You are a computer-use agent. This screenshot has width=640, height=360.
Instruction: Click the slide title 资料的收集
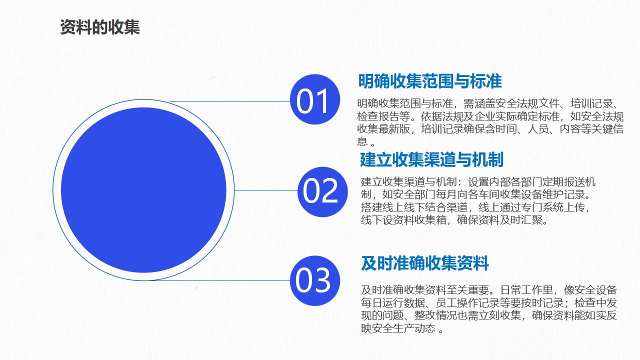point(99,27)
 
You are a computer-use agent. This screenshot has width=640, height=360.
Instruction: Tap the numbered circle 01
point(315,99)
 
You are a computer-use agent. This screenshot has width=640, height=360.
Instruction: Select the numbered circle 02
point(322,191)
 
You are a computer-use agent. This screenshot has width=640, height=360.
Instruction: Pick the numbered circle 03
point(315,280)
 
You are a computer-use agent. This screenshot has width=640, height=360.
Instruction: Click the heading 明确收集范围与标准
point(430,81)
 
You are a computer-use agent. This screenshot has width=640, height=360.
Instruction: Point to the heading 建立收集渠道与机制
point(431,159)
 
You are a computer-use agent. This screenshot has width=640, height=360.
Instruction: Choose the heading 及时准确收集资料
point(425,263)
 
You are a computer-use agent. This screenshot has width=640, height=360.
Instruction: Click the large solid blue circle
point(143,190)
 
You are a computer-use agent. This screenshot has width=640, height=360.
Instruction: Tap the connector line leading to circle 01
point(230,101)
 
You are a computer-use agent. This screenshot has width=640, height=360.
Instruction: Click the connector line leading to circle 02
point(266,190)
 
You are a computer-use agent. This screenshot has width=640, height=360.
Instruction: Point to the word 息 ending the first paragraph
point(362,141)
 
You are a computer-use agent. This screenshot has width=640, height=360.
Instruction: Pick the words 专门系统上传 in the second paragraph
point(553,207)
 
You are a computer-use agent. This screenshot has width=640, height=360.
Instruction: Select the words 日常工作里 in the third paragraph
point(526,290)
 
